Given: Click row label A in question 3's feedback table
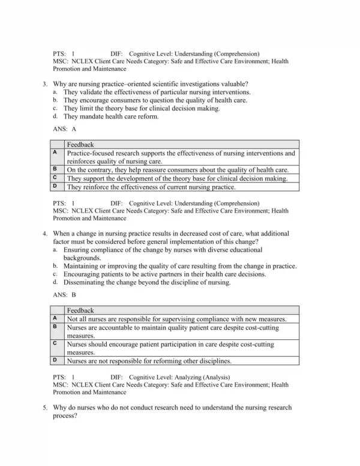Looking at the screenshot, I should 55,153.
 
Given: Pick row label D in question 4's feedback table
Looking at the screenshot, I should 55,360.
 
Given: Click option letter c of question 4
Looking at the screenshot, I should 55,274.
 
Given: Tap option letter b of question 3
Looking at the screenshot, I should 55,100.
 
